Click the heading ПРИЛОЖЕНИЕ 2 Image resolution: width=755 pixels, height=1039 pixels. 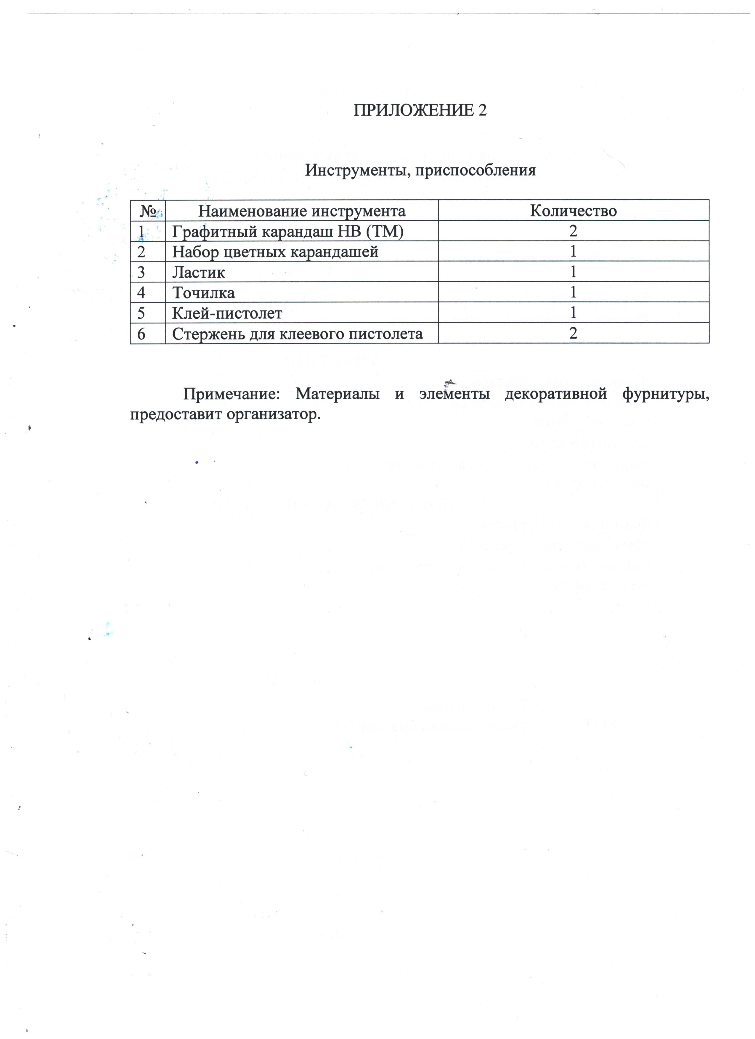[420, 110]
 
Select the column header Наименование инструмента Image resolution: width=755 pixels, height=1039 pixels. [302, 211]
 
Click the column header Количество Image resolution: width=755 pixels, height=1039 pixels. [573, 211]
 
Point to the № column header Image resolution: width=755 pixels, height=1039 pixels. [147, 211]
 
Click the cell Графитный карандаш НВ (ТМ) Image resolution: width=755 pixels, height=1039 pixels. [287, 231]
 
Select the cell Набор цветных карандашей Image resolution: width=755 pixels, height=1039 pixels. [275, 251]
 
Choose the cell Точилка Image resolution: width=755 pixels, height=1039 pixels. [203, 292]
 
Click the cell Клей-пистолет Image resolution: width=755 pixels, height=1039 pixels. [227, 313]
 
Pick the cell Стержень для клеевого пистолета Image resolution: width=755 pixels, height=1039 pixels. [297, 333]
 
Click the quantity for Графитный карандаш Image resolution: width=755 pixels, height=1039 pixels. [573, 231]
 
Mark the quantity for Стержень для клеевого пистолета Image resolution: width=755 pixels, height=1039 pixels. [573, 333]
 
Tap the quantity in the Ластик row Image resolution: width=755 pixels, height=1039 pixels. [573, 272]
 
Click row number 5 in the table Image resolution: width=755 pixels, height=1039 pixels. [141, 313]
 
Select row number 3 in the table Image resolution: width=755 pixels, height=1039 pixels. [141, 272]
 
